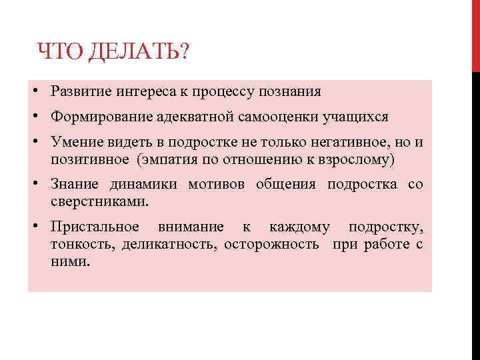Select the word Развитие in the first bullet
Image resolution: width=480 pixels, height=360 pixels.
click(x=79, y=91)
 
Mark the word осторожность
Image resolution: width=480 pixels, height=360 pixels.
click(x=271, y=244)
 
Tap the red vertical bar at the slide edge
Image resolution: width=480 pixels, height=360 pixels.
click(x=476, y=33)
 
